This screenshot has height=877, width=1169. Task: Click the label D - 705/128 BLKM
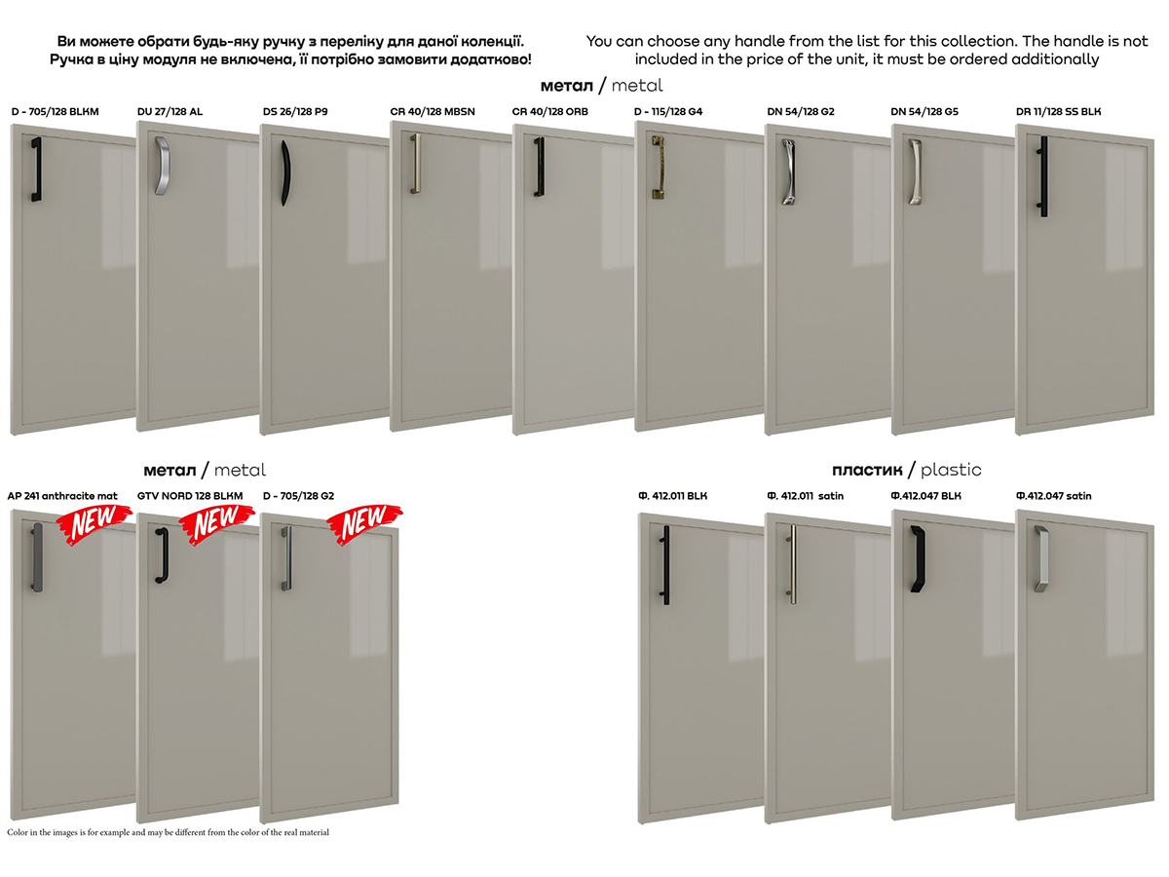click(x=55, y=112)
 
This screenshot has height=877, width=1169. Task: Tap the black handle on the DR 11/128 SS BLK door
click(x=1043, y=176)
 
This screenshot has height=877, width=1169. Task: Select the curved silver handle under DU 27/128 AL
click(x=162, y=166)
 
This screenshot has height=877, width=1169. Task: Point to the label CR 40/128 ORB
click(x=549, y=112)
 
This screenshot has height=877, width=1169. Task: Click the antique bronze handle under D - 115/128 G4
click(x=659, y=168)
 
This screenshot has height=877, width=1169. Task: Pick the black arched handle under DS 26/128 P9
click(x=285, y=172)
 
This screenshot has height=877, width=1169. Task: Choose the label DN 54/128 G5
click(x=924, y=112)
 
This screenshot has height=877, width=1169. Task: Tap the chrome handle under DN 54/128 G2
click(x=789, y=172)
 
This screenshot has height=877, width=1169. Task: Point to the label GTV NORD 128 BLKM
click(x=190, y=496)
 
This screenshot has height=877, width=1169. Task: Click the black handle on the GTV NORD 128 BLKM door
click(x=162, y=555)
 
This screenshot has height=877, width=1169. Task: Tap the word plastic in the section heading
click(x=951, y=471)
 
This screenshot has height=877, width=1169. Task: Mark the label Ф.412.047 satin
click(x=1053, y=496)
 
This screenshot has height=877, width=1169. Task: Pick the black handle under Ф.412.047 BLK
click(x=917, y=558)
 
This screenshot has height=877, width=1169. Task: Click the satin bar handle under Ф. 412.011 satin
click(x=792, y=564)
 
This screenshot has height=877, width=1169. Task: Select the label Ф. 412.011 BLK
click(x=672, y=496)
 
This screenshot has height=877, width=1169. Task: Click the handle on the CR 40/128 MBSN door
click(x=415, y=163)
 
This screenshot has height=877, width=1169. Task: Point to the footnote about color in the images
click(x=168, y=832)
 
